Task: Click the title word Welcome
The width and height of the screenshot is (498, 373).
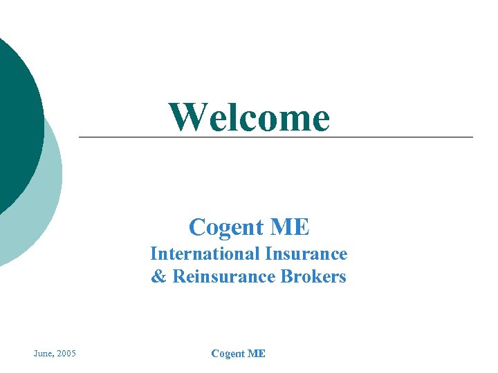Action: point(250,117)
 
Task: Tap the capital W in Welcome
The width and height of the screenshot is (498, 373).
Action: point(185,117)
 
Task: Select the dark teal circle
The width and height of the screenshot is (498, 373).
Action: point(14,124)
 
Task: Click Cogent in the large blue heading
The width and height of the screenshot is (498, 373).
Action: point(225,227)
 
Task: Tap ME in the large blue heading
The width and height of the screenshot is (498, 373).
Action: point(290,227)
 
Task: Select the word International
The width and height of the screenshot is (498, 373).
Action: point(205,254)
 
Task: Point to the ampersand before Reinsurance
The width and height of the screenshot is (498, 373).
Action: point(158,278)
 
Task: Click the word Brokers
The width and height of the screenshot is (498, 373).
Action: point(313,278)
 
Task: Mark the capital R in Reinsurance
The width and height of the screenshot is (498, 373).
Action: point(178,278)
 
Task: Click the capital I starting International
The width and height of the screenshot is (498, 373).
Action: point(154,254)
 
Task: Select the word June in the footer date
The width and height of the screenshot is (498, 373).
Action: point(44,354)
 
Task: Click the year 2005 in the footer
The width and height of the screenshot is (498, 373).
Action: point(67,354)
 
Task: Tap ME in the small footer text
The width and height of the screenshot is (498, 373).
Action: point(257,354)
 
